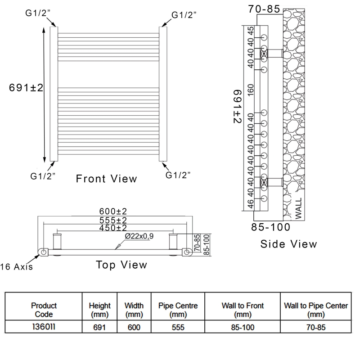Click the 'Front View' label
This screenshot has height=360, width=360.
tap(106, 179)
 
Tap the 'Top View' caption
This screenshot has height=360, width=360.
tap(121, 265)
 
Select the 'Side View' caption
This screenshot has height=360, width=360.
tap(288, 244)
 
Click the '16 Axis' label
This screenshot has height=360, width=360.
tap(17, 267)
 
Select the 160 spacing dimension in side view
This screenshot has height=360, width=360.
tap(251, 90)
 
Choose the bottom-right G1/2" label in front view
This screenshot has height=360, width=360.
tap(178, 175)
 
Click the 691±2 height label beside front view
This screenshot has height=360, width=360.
tap(26, 88)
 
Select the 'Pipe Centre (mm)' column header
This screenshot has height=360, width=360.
tap(178, 310)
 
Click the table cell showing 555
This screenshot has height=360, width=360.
tap(178, 328)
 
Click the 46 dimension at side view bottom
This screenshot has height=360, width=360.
tap(251, 205)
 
